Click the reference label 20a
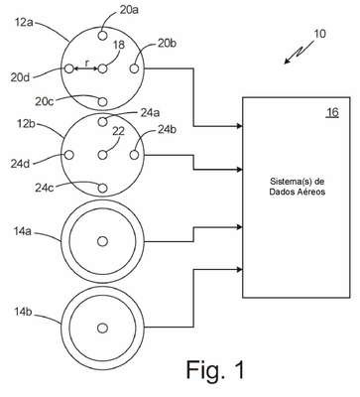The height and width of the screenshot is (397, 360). (x=129, y=10)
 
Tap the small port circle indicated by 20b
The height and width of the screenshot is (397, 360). (x=134, y=68)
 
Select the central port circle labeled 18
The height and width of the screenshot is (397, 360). (x=103, y=68)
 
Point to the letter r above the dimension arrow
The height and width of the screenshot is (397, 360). (x=86, y=64)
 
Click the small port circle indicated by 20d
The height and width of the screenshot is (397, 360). (x=69, y=68)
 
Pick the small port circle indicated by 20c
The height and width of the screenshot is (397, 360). (x=103, y=101)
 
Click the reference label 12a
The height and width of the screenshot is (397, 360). (x=24, y=22)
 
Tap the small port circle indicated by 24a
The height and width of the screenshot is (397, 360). (x=103, y=122)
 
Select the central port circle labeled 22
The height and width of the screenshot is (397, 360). (x=103, y=155)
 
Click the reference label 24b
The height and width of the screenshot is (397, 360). (x=167, y=129)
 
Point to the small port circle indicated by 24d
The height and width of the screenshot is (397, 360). (x=69, y=155)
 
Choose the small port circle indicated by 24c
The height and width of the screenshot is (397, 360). (x=103, y=188)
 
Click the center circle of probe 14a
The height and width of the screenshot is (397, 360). (x=103, y=241)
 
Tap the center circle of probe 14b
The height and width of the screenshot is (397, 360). (x=103, y=328)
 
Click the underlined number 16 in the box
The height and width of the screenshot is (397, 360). (x=332, y=112)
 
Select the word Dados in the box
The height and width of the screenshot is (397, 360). (x=280, y=192)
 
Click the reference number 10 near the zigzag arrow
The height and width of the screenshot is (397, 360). (x=319, y=34)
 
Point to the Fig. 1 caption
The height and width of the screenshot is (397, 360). (x=215, y=369)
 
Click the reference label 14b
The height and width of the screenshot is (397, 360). (x=23, y=312)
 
